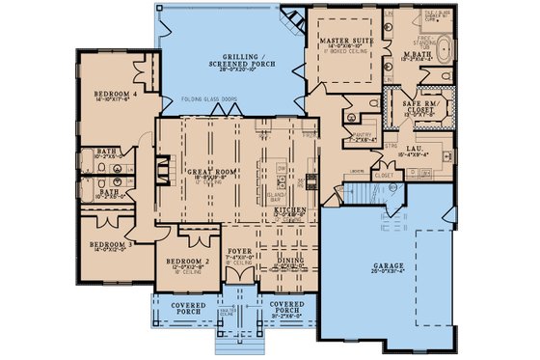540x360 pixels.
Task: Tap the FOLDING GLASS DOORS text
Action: pos(205,98)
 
